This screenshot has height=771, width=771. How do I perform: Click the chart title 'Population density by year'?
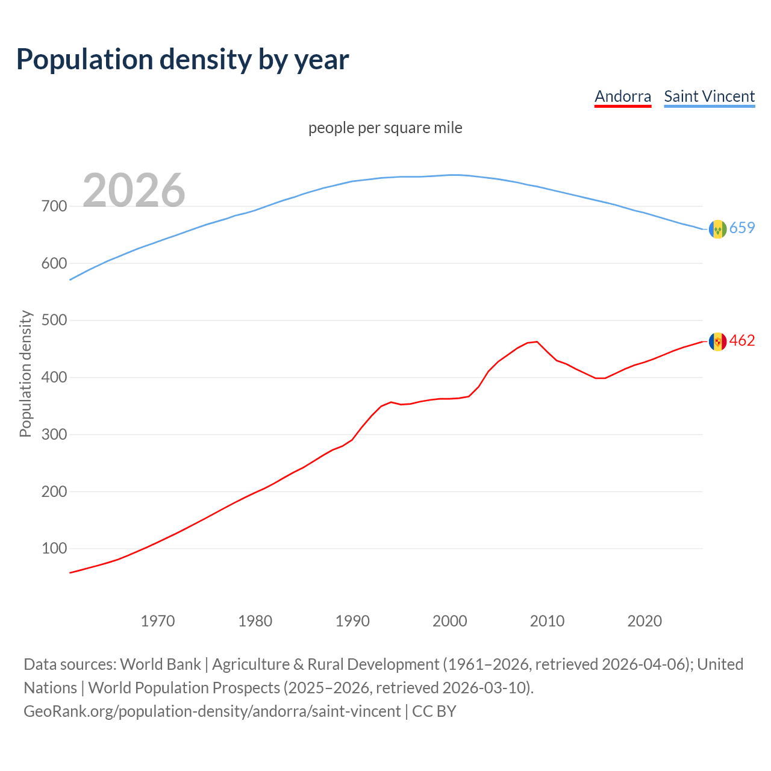(183, 59)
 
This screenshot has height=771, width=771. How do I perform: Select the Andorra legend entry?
(623, 96)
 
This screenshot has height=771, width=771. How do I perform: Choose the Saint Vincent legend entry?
(709, 96)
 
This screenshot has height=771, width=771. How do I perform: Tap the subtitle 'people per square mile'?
(385, 128)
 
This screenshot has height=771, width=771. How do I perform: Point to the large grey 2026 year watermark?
(134, 190)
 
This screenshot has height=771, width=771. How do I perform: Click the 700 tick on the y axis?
(54, 207)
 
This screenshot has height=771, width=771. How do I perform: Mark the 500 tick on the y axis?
(54, 320)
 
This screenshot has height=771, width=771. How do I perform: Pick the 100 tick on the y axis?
(54, 549)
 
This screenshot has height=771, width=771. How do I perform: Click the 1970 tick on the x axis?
(158, 621)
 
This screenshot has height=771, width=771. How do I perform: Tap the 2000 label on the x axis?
(450, 621)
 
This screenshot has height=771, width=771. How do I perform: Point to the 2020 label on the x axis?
(645, 621)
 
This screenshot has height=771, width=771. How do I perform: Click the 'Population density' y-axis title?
(25, 373)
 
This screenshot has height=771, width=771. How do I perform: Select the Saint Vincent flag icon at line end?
(717, 229)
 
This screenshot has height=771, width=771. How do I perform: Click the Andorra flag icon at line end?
(717, 342)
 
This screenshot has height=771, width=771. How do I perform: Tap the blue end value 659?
(742, 228)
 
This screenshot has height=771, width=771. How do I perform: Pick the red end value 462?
(742, 341)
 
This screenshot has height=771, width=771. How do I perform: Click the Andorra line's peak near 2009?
(537, 342)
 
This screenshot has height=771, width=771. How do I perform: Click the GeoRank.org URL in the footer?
(212, 711)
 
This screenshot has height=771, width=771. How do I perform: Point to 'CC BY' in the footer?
(434, 711)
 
